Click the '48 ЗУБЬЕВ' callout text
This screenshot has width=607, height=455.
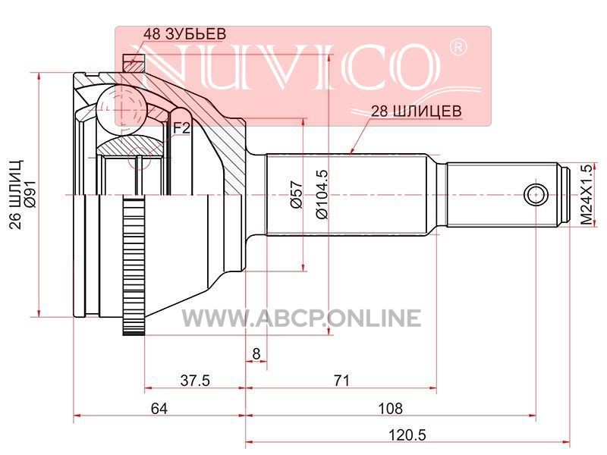coord(184,33)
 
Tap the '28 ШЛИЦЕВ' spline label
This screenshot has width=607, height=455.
coord(416,111)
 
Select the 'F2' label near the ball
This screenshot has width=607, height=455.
coord(181,127)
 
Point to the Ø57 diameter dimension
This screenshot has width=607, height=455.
coord(297,195)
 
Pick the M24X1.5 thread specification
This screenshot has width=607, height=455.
coord(587,195)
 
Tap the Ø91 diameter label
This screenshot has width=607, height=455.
coord(30,195)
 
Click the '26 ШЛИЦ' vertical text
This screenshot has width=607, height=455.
coord(15,195)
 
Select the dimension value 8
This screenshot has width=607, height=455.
coord(256,353)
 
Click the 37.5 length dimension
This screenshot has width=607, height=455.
coord(195,381)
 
